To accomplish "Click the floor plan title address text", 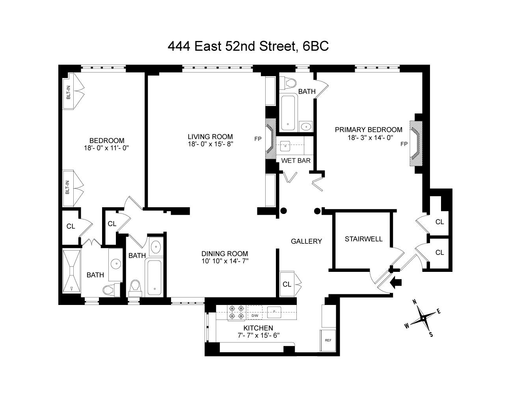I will click(x=248, y=46).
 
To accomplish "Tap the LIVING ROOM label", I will click(x=210, y=137).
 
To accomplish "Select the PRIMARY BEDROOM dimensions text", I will click(x=369, y=138).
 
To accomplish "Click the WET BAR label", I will click(x=296, y=161).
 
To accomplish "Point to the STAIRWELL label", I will click(x=363, y=239).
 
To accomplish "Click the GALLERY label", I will click(x=306, y=242).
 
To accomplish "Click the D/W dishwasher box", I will click(x=255, y=316).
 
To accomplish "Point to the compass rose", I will click(x=423, y=318).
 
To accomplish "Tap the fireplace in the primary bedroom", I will click(x=415, y=144).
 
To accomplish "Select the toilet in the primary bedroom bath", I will click(x=290, y=83).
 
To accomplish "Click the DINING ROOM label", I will click(x=224, y=254).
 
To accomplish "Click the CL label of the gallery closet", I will click(x=287, y=284).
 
